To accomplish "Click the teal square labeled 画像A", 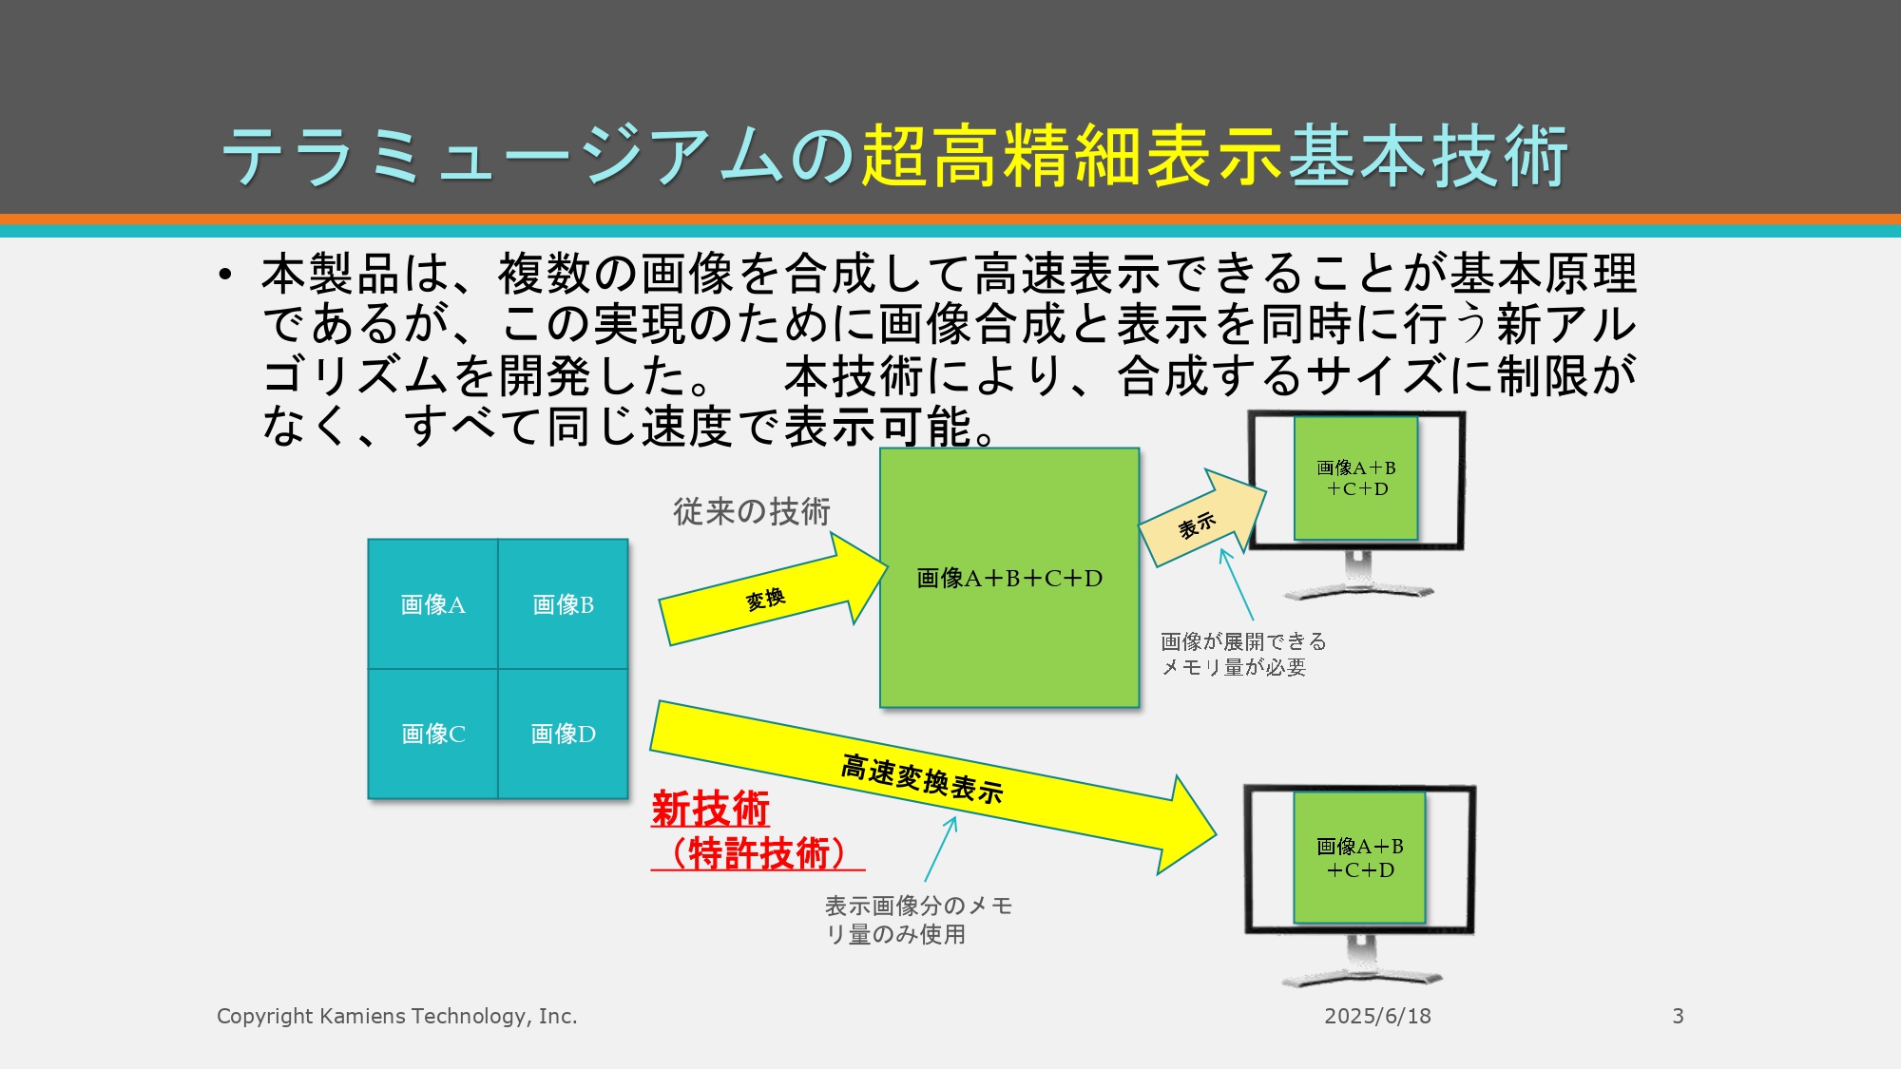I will pos(432,604).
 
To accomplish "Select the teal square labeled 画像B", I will pos(563,604).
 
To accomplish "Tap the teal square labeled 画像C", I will pos(432,734).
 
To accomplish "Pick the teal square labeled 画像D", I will pos(563,734).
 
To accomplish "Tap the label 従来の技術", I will pos(752,511).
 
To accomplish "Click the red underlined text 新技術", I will pos(710,810).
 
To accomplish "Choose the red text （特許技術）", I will pos(758,853).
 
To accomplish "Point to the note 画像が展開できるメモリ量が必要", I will pos(1243,655).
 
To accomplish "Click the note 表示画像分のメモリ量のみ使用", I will pos(918,920).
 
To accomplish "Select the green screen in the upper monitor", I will pos(1356,478).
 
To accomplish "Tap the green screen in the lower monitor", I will pos(1359,857).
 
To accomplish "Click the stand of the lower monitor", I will pos(1361,960).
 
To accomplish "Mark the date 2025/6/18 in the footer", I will pos(1377,1016).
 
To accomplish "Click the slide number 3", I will pos(1678,1016).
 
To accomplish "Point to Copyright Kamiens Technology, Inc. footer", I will pos(397,1016).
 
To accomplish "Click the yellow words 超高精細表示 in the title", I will pos(1072,155).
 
